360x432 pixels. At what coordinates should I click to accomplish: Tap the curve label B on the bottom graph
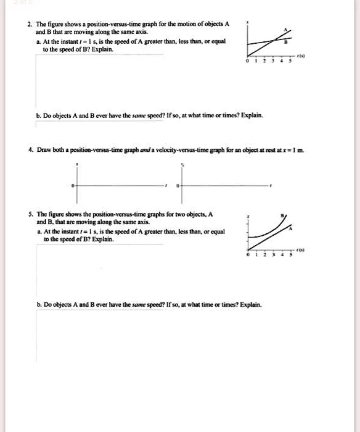tap(282, 215)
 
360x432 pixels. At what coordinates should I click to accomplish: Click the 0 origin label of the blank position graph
tap(72, 185)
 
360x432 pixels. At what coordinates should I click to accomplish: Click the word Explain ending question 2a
tap(102, 49)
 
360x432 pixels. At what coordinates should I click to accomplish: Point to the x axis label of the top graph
tap(247, 22)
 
